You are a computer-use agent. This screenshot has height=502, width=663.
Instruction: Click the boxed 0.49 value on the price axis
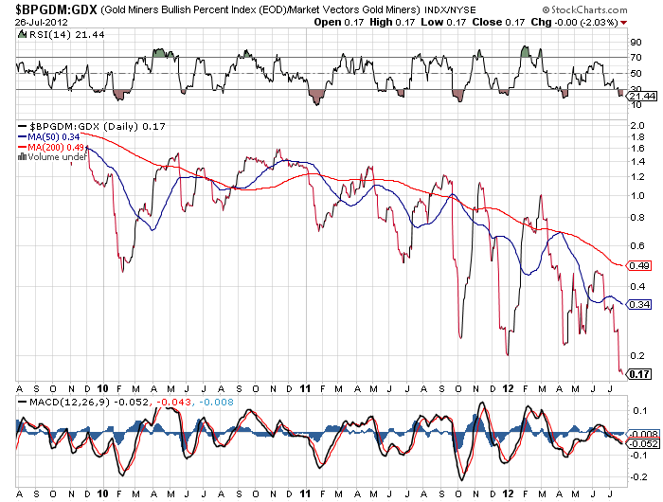pos(639,264)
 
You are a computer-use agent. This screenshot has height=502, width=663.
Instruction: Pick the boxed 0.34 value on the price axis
pos(639,304)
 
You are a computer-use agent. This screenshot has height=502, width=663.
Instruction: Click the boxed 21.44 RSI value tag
pos(641,97)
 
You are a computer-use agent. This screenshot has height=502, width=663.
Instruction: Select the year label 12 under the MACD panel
pos(509,493)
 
